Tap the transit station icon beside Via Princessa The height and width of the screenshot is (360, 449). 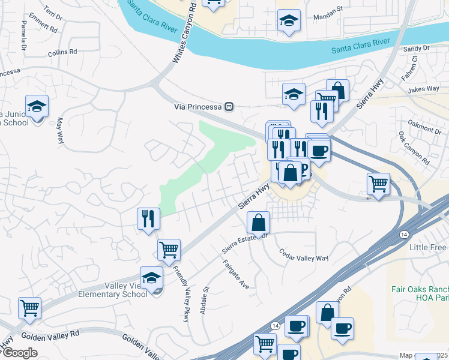[229, 107]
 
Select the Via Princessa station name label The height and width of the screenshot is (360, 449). [197, 107]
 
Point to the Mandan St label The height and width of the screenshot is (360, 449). [328, 17]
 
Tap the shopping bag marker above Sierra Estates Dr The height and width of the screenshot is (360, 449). [258, 223]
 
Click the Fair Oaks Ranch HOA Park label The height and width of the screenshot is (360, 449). [418, 293]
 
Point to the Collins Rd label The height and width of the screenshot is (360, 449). [62, 53]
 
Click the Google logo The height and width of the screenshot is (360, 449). [20, 353]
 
